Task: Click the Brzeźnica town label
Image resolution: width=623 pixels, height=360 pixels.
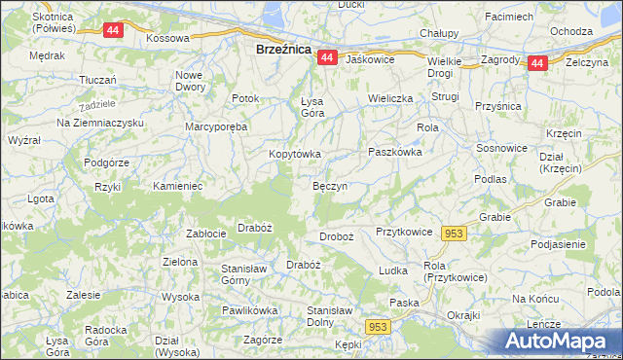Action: click(283, 48)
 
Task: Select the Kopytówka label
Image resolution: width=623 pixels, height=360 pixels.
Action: click(295, 154)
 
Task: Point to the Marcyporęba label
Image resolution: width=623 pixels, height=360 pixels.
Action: click(217, 126)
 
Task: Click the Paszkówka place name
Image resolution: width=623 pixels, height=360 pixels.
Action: click(394, 152)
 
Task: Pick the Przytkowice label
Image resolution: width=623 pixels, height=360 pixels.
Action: click(403, 233)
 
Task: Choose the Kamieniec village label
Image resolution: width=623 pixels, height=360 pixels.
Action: click(177, 185)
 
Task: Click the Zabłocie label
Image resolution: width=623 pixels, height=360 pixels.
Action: click(206, 233)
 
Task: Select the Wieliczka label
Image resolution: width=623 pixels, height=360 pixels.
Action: click(390, 98)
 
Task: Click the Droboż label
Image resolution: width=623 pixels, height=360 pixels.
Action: click(336, 237)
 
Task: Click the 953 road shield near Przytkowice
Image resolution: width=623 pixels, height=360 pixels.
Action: click(454, 234)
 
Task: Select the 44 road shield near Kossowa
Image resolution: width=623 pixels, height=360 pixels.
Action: click(113, 30)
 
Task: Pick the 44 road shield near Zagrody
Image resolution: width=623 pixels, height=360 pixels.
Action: click(537, 63)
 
